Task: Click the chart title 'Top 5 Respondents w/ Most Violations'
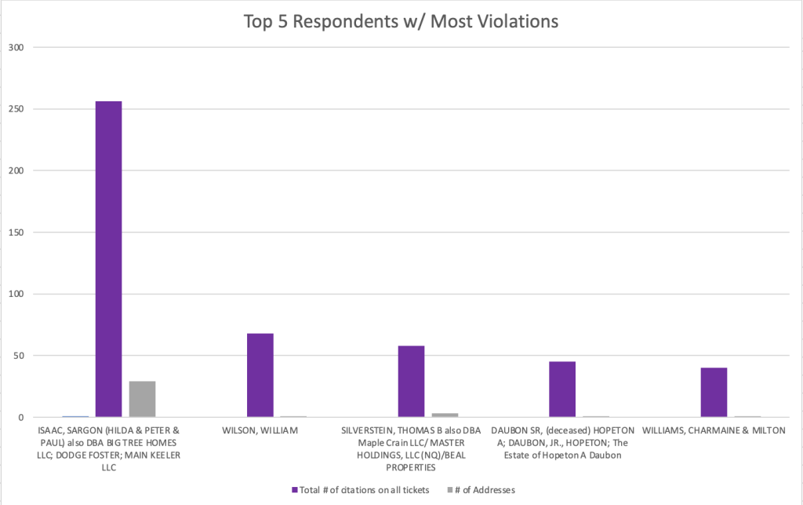[x=401, y=21]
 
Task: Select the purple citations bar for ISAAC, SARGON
[x=108, y=259]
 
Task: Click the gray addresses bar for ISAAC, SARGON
[x=142, y=399]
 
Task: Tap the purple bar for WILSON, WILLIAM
[x=260, y=375]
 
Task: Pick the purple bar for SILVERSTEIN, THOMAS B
[x=411, y=382]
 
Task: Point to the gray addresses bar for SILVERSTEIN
[x=445, y=415]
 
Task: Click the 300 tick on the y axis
[x=18, y=47]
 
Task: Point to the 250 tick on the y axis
[x=18, y=109]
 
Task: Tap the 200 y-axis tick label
[x=18, y=170]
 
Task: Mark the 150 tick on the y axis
[x=18, y=232]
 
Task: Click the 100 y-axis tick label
[x=18, y=294]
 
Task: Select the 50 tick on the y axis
[x=20, y=356]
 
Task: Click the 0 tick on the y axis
[x=23, y=417]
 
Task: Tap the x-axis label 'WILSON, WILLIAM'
[x=260, y=430]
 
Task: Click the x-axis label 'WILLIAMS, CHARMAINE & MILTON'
[x=714, y=430]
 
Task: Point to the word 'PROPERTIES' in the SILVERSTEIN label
[x=411, y=468]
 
